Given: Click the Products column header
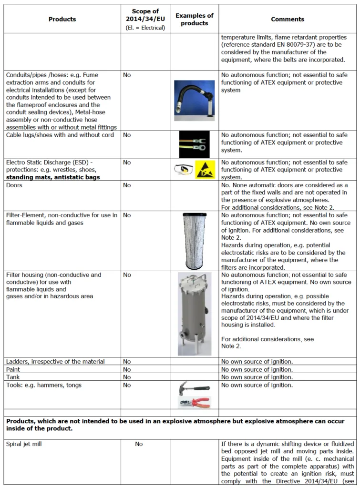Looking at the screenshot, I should [62, 20].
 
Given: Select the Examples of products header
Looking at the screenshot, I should [195, 20].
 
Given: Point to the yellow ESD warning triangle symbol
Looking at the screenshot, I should [206, 170].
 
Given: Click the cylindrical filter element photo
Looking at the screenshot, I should [195, 242].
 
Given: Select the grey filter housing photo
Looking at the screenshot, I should [195, 314].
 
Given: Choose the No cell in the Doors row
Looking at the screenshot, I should [127, 185].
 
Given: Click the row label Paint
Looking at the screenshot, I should [13, 369].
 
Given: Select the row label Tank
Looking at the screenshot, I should [13, 377].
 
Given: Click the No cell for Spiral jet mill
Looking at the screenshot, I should [139, 444].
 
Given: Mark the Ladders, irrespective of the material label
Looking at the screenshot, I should [55, 362].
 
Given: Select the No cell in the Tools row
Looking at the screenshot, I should [127, 385].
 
